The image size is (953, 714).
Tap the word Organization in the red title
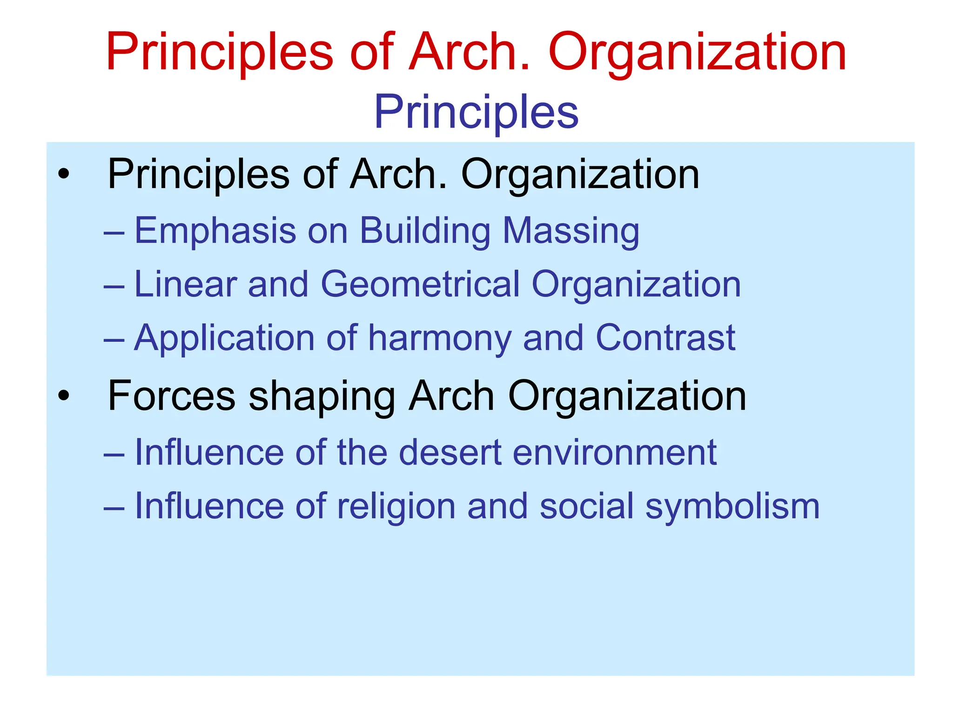[x=697, y=52]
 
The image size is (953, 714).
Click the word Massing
[x=571, y=231]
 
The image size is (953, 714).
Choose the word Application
[x=224, y=338]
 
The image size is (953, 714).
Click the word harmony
[x=440, y=338]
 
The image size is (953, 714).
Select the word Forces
[x=171, y=396]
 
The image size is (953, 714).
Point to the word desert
[x=450, y=452]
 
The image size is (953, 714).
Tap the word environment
[x=614, y=452]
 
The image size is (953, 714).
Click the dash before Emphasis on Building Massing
[x=114, y=232]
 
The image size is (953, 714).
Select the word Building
[x=425, y=231]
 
